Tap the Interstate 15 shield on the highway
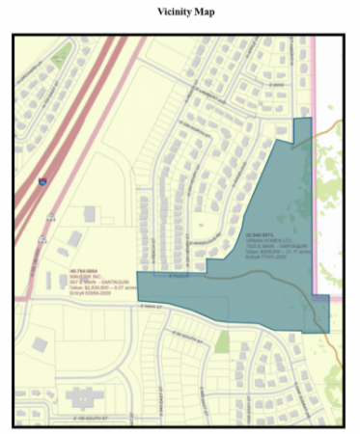click(x=42, y=180)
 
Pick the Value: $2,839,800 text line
click(x=92, y=286)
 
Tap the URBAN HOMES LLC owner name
click(x=267, y=239)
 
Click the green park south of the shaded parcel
click(x=223, y=340)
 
